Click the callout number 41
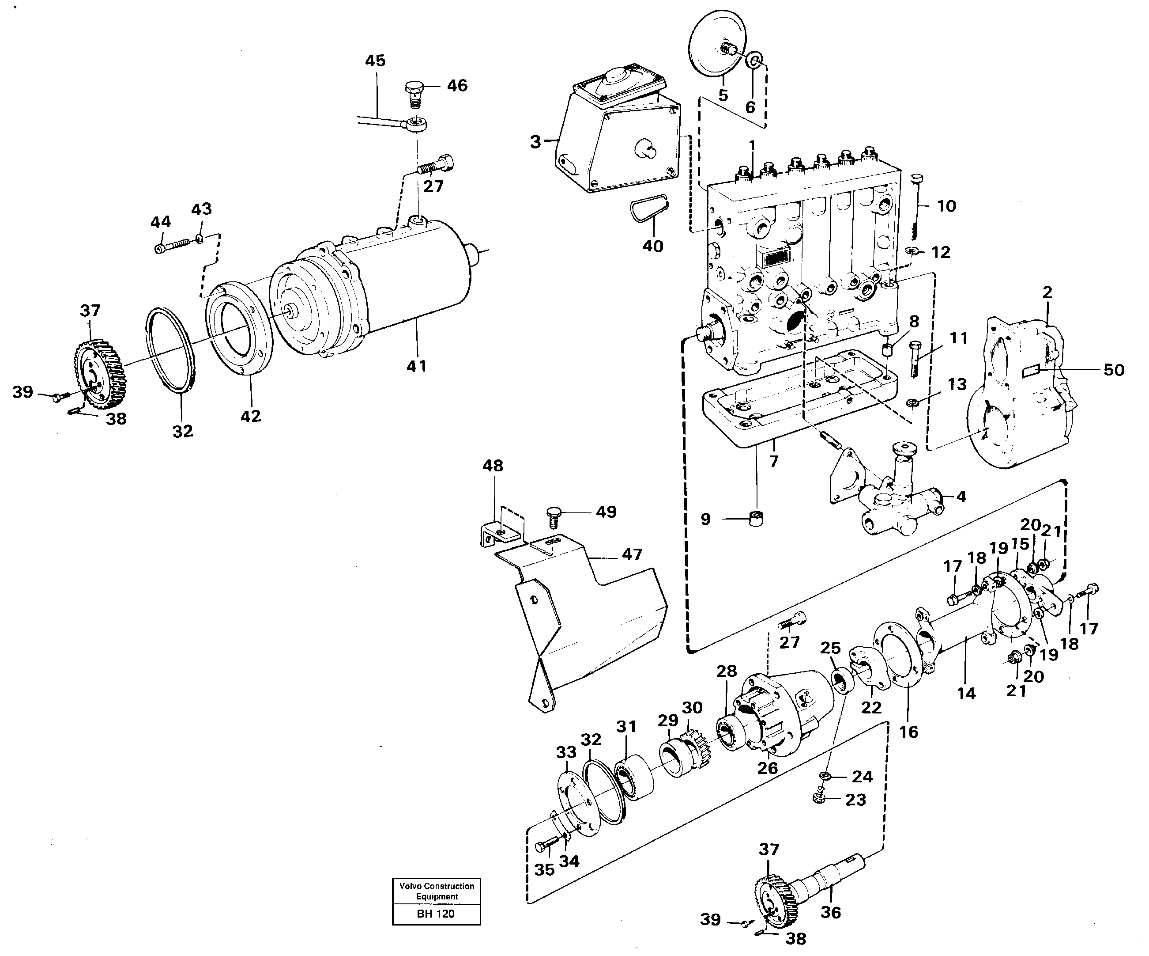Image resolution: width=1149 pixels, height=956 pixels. click(416, 366)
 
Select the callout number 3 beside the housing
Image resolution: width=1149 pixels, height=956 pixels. click(535, 142)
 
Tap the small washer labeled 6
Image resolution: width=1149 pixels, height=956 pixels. click(753, 60)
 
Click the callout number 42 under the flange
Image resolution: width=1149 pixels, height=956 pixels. click(251, 416)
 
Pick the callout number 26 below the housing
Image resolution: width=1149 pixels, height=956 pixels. click(767, 768)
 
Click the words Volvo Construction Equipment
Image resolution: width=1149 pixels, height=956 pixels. click(437, 891)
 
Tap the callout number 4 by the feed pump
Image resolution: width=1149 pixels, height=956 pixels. click(961, 496)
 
